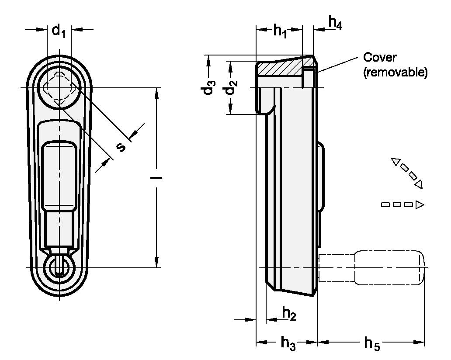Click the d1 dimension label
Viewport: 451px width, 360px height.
(59, 31)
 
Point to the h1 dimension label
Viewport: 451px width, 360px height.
(280, 31)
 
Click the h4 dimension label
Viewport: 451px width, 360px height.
(335, 23)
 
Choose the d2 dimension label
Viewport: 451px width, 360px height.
(231, 89)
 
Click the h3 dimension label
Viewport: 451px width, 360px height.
(288, 343)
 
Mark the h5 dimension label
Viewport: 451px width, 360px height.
(372, 343)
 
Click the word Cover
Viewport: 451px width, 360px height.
(379, 58)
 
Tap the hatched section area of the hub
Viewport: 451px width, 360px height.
(280, 69)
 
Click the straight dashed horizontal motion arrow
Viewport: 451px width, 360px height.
(402, 204)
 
